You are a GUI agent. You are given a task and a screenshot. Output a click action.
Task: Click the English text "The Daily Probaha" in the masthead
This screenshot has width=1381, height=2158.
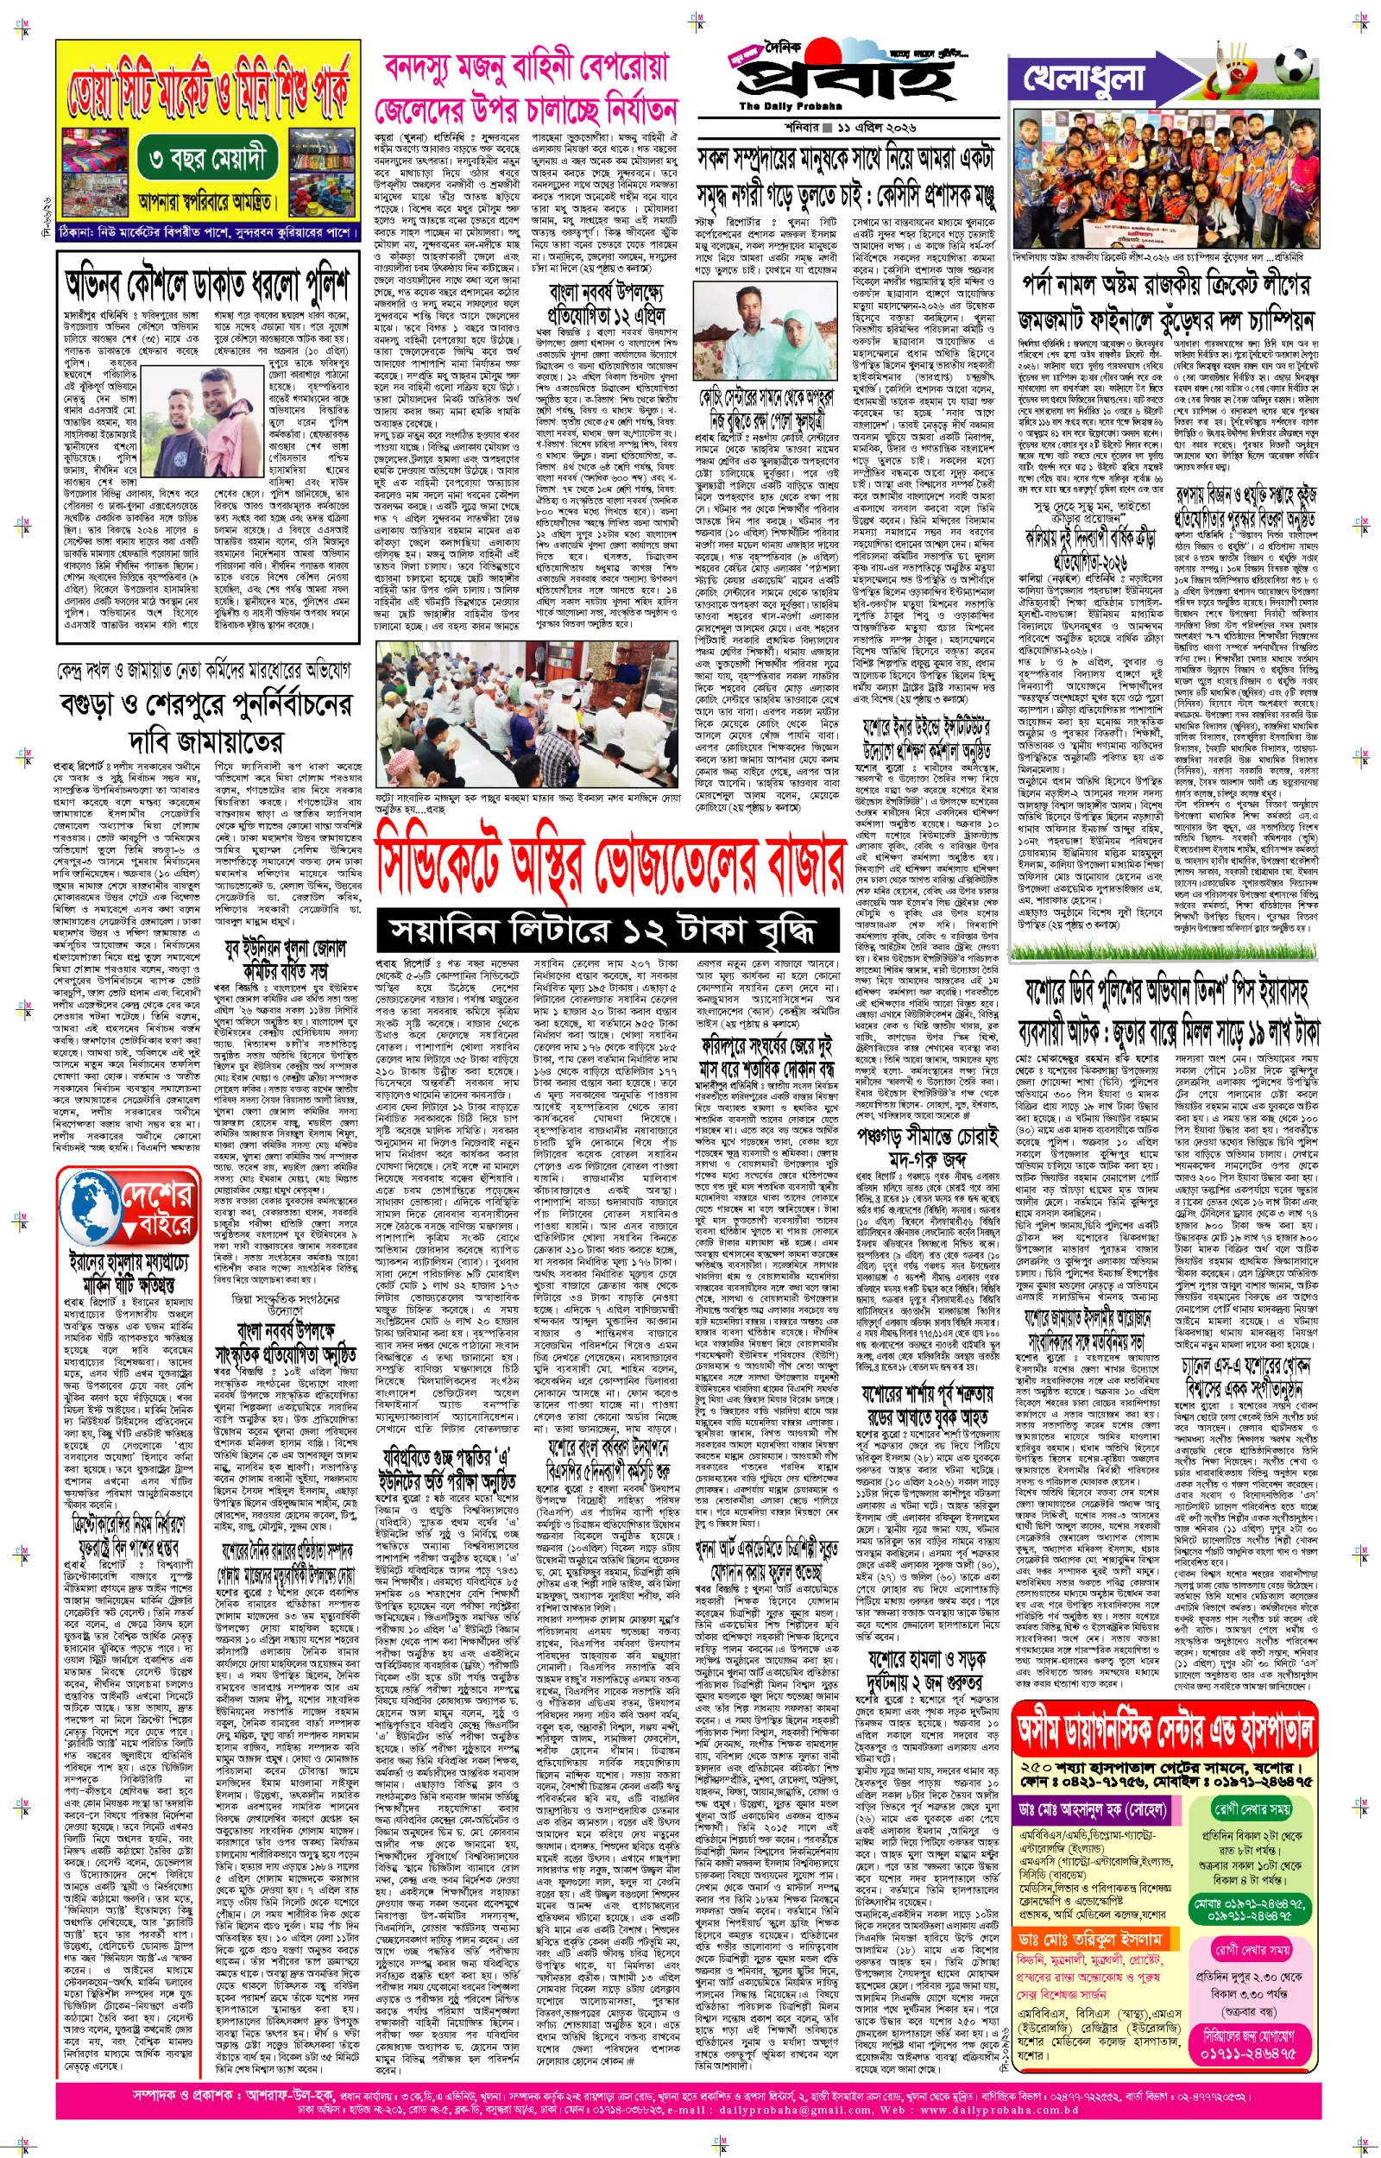(777, 106)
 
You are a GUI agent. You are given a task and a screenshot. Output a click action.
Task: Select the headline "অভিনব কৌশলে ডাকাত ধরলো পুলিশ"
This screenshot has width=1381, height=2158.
(206, 285)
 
